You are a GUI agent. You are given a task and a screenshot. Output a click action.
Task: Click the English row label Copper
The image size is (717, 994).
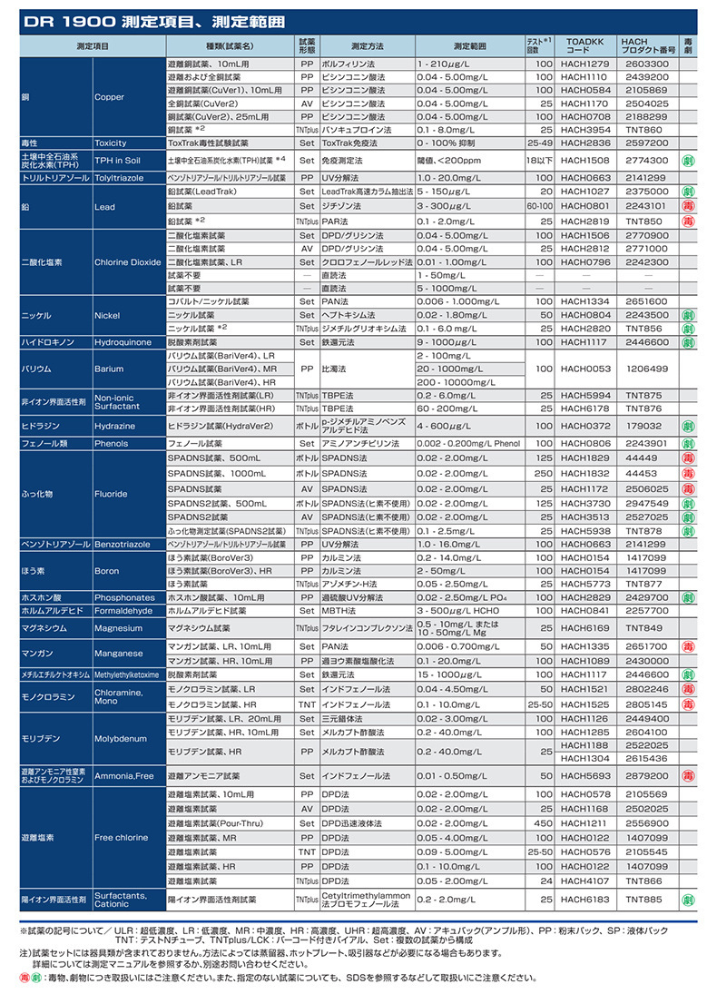pos(110,97)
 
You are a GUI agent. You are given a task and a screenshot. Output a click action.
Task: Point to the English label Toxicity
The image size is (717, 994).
pos(111,143)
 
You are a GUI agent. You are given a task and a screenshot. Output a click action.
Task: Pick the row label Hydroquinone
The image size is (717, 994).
pos(121,342)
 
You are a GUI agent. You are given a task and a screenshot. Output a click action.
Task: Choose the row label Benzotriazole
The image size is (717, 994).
pos(123,544)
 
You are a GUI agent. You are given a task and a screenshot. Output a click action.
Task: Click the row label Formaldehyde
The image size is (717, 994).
pos(119,611)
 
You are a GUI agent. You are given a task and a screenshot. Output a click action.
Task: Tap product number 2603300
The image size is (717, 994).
pos(646,64)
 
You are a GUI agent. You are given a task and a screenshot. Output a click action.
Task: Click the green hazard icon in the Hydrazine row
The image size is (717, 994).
pos(689,425)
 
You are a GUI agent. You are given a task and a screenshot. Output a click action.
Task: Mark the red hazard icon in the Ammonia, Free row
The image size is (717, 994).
pos(689,776)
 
